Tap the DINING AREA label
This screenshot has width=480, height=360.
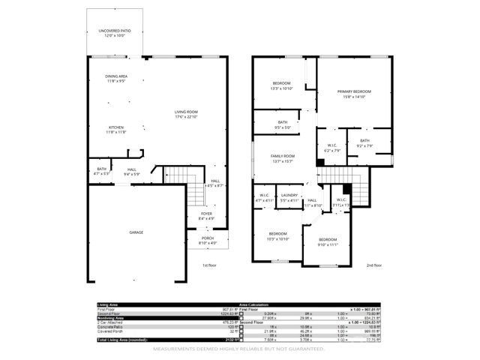(x=115, y=78)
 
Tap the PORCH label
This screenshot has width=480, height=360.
(x=207, y=241)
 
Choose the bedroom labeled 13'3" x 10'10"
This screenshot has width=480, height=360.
(x=281, y=85)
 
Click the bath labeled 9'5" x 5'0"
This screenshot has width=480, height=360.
(x=282, y=124)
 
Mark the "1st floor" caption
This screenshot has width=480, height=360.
(x=209, y=265)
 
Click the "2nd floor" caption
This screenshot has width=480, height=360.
(x=373, y=265)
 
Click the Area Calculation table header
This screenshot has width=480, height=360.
(x=256, y=305)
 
